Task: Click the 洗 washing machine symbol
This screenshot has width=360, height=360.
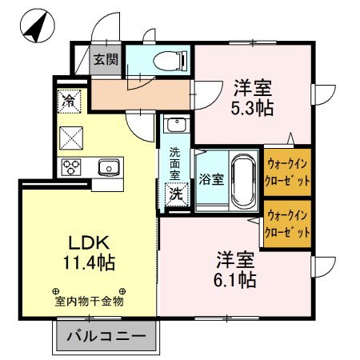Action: pos(174,193)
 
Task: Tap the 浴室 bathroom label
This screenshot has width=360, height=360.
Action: pos(210,178)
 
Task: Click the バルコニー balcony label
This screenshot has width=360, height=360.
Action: pos(104,336)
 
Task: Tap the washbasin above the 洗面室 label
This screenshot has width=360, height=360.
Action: pos(175,126)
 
